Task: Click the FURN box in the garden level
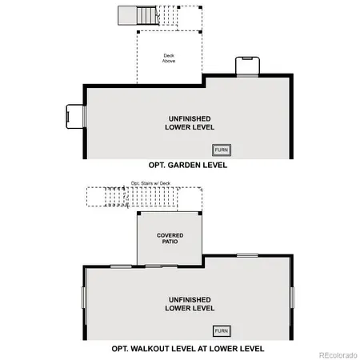coord(221,150)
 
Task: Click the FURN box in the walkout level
coord(221,330)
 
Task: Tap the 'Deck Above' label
coord(170,58)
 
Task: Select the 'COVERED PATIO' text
coord(170,238)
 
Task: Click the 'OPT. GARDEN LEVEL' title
coord(187,166)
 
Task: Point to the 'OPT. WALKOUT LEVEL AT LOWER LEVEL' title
coord(188,349)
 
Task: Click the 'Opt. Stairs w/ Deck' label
coord(151,183)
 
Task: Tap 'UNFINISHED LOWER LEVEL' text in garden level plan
coord(190,122)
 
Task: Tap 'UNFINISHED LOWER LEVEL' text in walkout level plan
coord(190,303)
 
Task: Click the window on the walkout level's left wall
coord(83,297)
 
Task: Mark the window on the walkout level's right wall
coord(293,297)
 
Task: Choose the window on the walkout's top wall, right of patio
coord(247,256)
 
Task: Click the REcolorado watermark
coord(339,354)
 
